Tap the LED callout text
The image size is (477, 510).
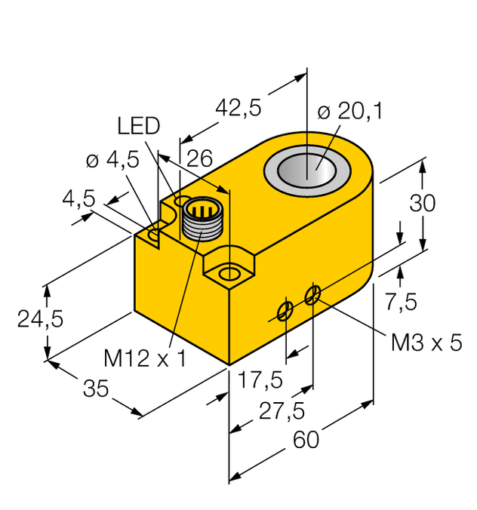tap(138, 126)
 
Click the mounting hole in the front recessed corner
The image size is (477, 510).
tap(229, 270)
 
